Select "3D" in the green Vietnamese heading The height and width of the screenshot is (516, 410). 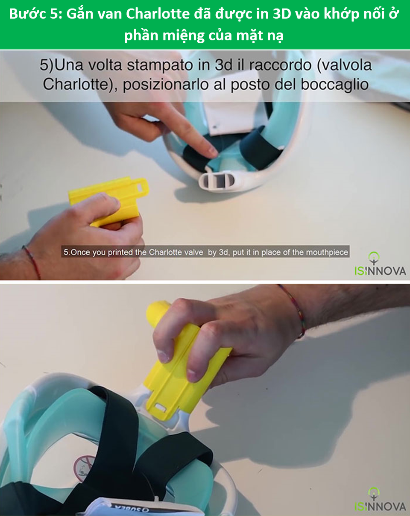tap(282, 14)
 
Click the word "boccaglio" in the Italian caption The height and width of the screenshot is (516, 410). tap(335, 85)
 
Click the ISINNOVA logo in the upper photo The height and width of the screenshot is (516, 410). tap(380, 264)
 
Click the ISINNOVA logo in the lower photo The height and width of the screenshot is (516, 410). tap(380, 500)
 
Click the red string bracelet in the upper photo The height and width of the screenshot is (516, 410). tap(32, 262)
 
